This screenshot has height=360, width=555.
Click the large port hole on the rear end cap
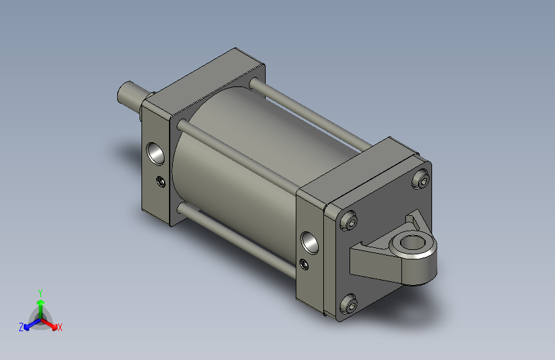(x=310, y=241)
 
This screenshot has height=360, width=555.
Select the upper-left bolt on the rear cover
(x=348, y=222)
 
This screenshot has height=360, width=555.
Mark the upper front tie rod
(x=237, y=154)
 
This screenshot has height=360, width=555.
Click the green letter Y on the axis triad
(x=40, y=291)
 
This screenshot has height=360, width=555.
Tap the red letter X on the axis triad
(x=60, y=328)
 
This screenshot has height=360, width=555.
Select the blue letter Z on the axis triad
(x=21, y=327)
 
